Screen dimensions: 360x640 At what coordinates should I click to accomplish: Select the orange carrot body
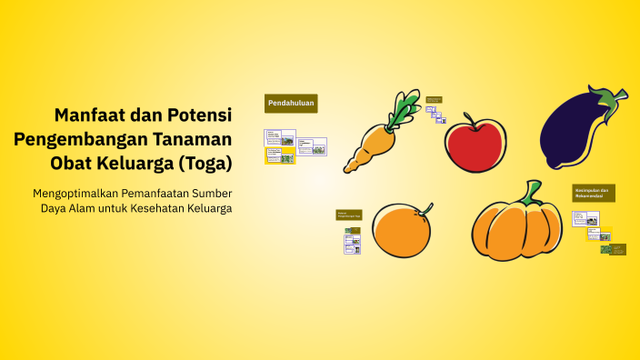(x=371, y=144)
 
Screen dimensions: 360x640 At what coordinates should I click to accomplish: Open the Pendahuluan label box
(x=291, y=104)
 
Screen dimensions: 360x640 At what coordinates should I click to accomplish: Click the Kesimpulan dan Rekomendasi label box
(x=594, y=193)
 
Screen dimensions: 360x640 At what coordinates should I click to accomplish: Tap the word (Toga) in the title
(x=205, y=164)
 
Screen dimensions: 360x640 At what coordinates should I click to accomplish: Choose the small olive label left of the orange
(x=349, y=215)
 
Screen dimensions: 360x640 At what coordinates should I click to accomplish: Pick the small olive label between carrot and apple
(x=434, y=100)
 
